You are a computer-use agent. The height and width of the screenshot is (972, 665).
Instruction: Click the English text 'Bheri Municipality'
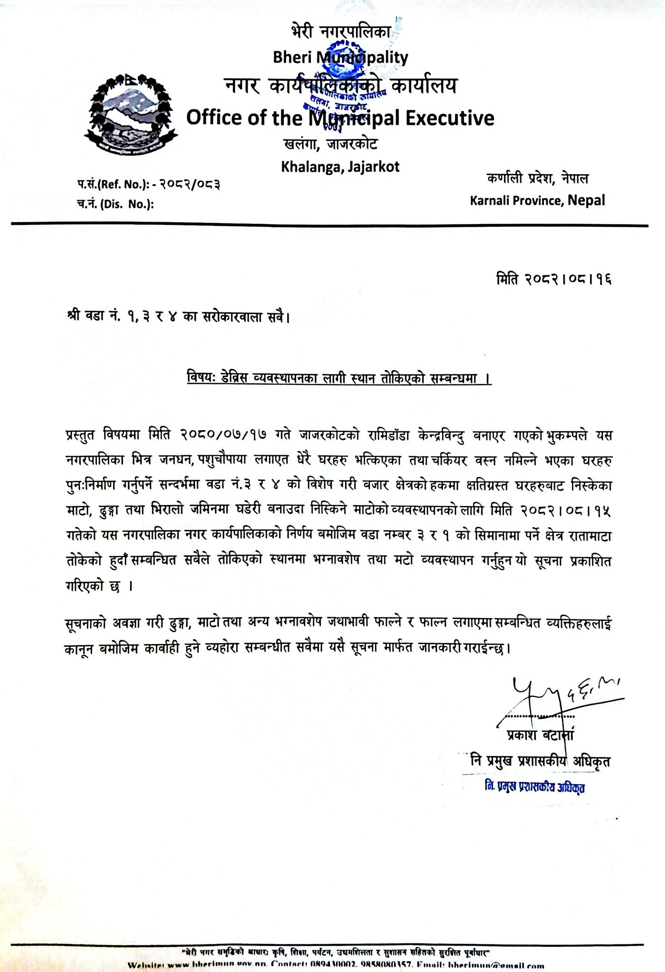(x=340, y=57)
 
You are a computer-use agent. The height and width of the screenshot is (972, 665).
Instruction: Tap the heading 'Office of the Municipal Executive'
(x=340, y=118)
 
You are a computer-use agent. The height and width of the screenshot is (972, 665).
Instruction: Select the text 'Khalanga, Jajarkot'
(x=340, y=166)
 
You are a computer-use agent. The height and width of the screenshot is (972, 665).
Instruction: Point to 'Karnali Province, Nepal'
(x=537, y=200)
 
